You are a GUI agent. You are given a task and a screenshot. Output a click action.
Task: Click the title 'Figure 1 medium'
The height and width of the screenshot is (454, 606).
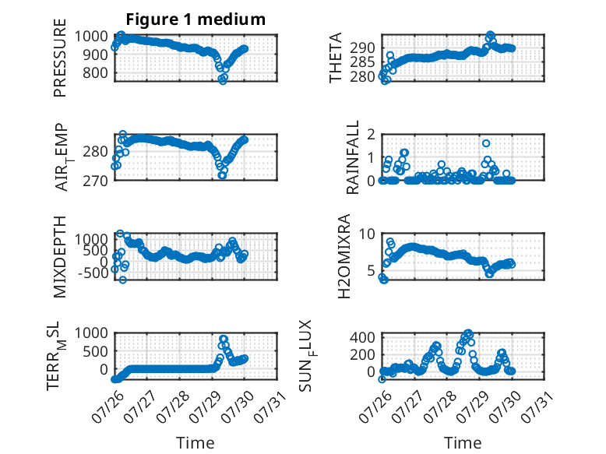click(x=196, y=19)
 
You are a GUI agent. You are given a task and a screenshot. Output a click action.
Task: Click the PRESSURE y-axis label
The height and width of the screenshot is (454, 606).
click(x=60, y=58)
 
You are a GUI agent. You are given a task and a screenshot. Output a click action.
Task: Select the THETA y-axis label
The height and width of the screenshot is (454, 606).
click(x=336, y=58)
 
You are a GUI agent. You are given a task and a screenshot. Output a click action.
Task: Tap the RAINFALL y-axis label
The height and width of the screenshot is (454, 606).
click(x=353, y=157)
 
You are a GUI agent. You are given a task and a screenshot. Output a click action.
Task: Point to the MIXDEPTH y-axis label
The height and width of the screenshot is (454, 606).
click(x=60, y=257)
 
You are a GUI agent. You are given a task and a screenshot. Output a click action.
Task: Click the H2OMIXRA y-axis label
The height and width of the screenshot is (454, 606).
click(x=344, y=256)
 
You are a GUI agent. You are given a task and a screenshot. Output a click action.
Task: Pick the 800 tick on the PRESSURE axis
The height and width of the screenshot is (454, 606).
click(x=95, y=72)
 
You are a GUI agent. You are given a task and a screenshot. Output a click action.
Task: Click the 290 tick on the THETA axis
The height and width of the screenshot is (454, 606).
click(x=362, y=48)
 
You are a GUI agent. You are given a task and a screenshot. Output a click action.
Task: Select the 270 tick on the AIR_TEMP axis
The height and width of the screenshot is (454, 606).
click(x=95, y=181)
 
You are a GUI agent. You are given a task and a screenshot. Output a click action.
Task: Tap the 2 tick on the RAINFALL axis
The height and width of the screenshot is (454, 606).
click(x=372, y=135)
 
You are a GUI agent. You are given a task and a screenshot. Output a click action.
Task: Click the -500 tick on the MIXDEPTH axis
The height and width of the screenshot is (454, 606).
click(x=91, y=273)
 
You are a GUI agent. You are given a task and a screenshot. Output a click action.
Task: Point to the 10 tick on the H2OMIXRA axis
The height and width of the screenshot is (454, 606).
click(x=367, y=234)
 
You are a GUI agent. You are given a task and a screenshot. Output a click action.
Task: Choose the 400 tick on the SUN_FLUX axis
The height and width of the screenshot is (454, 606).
click(x=362, y=337)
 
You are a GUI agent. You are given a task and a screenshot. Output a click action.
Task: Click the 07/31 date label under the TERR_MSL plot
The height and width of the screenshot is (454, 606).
click(x=270, y=406)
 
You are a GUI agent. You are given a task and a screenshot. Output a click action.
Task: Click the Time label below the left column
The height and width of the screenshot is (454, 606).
click(x=196, y=443)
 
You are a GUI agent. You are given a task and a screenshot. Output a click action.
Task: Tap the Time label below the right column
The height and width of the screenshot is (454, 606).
click(x=463, y=443)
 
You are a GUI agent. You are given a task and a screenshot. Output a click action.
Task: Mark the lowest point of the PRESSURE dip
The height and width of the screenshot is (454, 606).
click(x=223, y=81)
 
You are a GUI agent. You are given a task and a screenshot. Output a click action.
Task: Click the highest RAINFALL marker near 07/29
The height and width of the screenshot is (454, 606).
click(x=486, y=143)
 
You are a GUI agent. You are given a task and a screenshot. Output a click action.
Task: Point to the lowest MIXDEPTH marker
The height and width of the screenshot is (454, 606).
click(x=123, y=280)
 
